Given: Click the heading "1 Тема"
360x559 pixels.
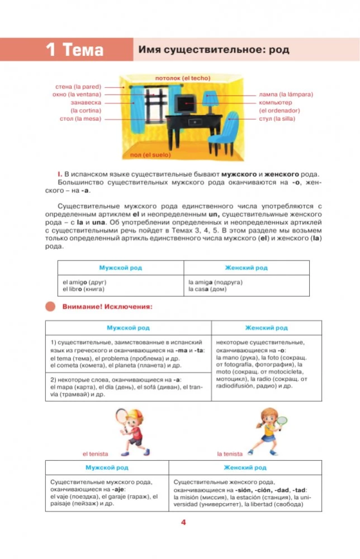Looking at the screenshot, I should click(x=75, y=50).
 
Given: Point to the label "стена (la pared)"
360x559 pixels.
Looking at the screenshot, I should click(x=78, y=87).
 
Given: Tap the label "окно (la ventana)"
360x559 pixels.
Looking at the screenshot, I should click(x=77, y=94).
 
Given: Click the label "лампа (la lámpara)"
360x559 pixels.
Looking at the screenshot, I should click(x=286, y=94).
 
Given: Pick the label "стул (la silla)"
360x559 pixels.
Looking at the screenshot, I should click(x=277, y=119).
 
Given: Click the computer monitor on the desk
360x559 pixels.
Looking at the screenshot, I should click(x=184, y=104).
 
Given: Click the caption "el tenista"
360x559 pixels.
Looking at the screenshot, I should click(x=95, y=454).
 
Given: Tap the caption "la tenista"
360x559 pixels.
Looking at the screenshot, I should click(x=230, y=454).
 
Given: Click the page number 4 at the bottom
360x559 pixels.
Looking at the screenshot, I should click(x=182, y=523).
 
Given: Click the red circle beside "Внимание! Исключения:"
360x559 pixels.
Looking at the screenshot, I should click(x=51, y=306).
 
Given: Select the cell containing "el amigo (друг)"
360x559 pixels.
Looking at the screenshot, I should click(x=120, y=286).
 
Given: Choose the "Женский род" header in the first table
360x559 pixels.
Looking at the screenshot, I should click(x=246, y=268).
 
